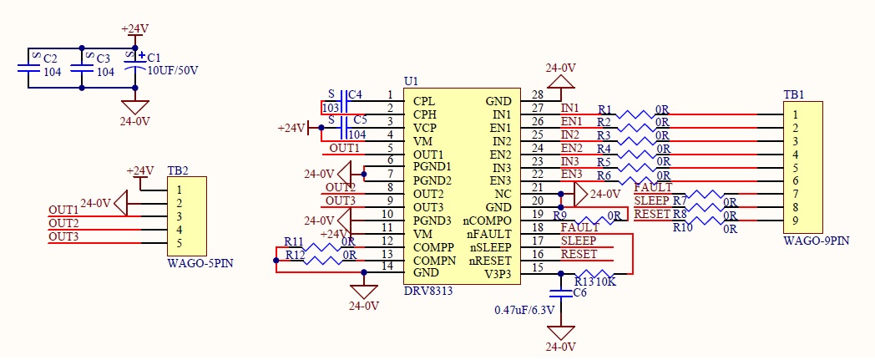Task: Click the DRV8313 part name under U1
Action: click(x=428, y=292)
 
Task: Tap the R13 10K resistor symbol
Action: click(x=594, y=273)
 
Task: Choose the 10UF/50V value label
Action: click(x=172, y=71)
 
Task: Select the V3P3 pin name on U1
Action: click(x=498, y=274)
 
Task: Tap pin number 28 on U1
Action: click(x=538, y=95)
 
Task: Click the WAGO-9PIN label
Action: click(x=809, y=241)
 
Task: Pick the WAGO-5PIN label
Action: click(x=193, y=262)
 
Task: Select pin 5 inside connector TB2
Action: click(x=180, y=243)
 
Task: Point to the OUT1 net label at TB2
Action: click(x=63, y=210)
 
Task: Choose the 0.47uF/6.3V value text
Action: click(x=524, y=310)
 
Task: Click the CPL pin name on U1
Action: click(x=424, y=102)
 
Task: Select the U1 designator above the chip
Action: click(x=410, y=81)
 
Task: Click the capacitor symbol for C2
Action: click(x=28, y=68)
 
